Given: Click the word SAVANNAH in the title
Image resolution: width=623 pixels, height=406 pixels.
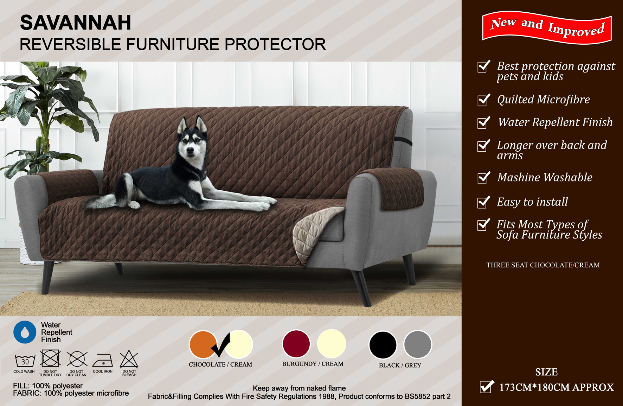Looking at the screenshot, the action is coord(76,23).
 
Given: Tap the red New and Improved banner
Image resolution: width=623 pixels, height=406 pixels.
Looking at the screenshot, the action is coord(547,27).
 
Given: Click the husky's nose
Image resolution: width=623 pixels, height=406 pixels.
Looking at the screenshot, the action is coord(190,150).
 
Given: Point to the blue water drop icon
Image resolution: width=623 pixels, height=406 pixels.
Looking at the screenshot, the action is coord(25,332).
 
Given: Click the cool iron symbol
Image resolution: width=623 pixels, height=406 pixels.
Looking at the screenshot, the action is coord(103,360).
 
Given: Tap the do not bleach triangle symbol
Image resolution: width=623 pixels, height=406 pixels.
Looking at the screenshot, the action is coord(129,359).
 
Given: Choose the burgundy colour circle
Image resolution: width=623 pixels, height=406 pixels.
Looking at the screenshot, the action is coord(296,344).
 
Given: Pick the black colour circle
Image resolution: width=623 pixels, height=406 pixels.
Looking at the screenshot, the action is coord(383,345).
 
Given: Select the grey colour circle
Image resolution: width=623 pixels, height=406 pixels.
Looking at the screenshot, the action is coord(418,345).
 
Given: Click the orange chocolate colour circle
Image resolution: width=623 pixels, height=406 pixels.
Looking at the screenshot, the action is coord(203,344).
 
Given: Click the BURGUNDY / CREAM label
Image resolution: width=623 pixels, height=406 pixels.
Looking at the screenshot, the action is coord(313,364).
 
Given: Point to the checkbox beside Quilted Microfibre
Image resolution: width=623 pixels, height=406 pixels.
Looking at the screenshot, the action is coord(483,100).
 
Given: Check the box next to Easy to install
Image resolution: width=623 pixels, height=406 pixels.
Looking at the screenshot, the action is coord(483,202).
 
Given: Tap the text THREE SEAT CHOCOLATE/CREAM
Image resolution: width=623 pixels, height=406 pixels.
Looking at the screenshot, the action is coord(543,265).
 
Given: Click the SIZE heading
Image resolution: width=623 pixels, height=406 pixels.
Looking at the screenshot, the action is coord(546,372).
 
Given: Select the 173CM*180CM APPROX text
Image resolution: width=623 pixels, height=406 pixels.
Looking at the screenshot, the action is coord(557,388).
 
